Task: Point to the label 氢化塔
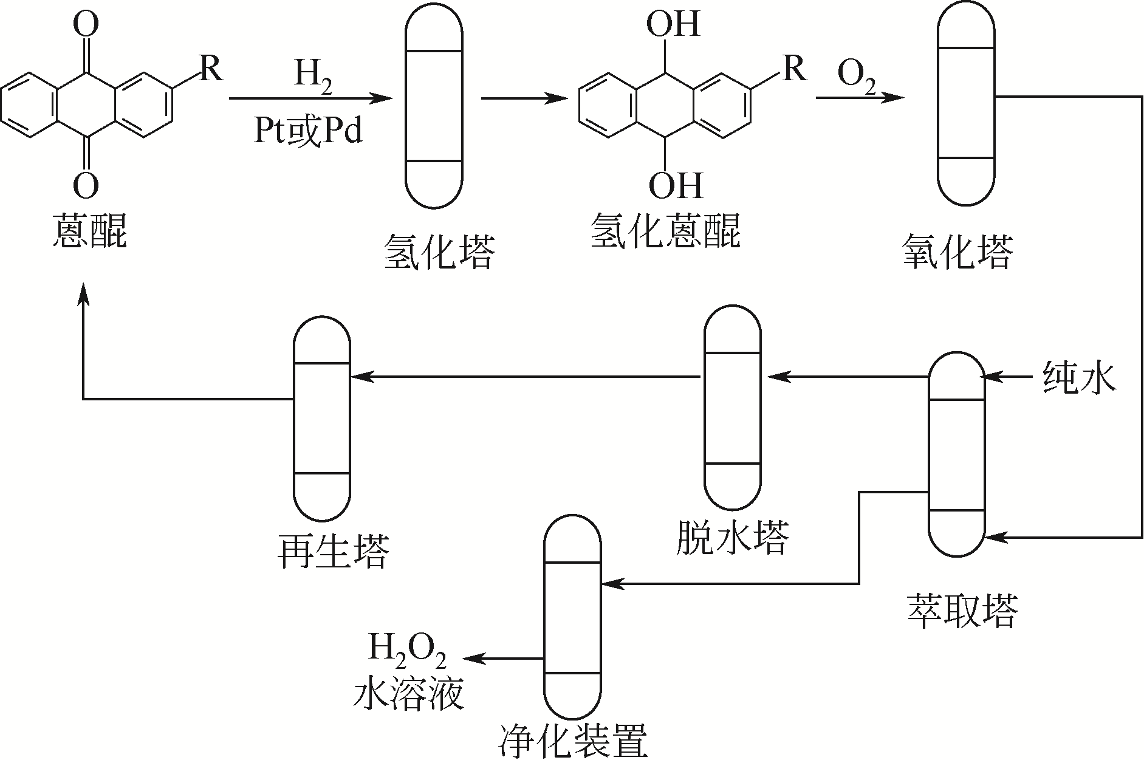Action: click(439, 252)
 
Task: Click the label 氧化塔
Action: click(957, 252)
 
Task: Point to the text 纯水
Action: click(1080, 378)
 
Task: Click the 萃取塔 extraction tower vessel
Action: click(956, 454)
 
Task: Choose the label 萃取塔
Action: click(962, 611)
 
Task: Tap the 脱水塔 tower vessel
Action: click(732, 407)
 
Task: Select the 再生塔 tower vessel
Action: click(322, 418)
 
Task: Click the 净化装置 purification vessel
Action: click(572, 618)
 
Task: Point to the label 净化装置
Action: click(572, 741)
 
